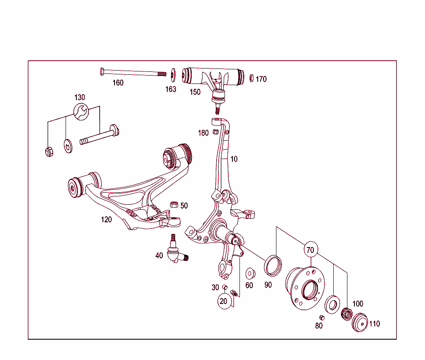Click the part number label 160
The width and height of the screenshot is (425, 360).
click(x=118, y=83)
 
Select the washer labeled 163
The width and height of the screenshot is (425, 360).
click(x=173, y=74)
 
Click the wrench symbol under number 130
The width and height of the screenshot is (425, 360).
click(x=80, y=111)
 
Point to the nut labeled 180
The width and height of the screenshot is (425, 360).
click(x=215, y=132)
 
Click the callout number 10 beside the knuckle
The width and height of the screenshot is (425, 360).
click(x=234, y=159)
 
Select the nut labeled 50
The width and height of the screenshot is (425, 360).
click(x=174, y=204)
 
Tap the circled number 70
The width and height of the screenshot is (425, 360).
click(x=310, y=250)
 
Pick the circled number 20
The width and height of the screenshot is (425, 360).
click(x=224, y=301)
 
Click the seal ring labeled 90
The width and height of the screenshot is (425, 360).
click(x=273, y=266)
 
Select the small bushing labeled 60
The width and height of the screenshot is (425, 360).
click(x=250, y=274)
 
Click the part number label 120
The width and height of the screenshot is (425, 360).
click(x=106, y=219)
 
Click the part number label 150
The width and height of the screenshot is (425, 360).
click(x=195, y=92)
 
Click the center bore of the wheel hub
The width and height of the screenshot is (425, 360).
click(x=309, y=289)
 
